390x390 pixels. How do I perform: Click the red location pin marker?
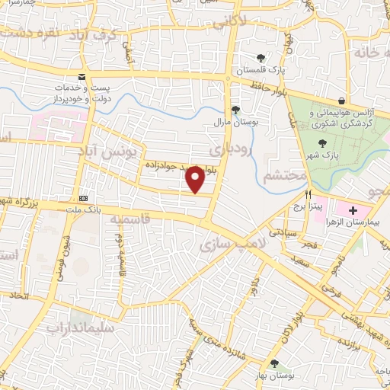197,178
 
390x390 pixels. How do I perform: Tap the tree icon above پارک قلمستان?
261,57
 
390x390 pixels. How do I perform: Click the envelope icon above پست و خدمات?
82,77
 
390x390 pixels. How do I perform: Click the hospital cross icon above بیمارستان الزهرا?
353,188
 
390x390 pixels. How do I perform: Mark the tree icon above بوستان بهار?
273,363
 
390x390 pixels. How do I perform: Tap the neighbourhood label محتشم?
284,176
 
